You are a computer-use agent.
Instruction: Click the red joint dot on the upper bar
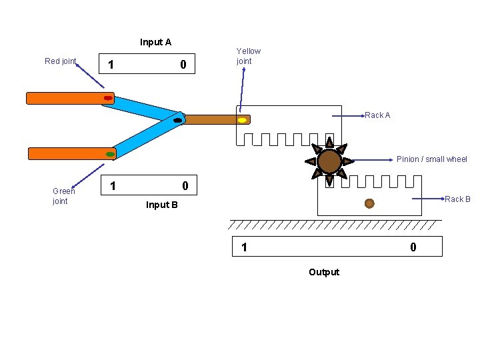click(x=108, y=98)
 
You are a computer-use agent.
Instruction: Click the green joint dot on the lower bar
click(x=111, y=154)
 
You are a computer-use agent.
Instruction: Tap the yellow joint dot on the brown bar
click(x=243, y=121)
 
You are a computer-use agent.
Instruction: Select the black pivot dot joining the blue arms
click(x=178, y=121)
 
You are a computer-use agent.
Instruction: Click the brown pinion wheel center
click(x=329, y=161)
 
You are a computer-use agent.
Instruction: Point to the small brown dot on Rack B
click(x=369, y=203)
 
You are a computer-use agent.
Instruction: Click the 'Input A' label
click(x=155, y=42)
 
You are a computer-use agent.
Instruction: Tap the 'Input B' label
click(x=162, y=205)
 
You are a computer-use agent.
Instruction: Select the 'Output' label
click(x=324, y=272)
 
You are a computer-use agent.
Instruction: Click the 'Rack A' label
click(x=377, y=115)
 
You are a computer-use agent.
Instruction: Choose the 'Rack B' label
click(x=457, y=199)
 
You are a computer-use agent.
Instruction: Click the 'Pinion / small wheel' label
click(x=431, y=159)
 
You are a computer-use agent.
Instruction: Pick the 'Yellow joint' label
click(x=248, y=56)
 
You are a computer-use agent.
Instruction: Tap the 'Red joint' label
click(x=60, y=61)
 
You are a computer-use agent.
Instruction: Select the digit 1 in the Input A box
click(x=111, y=65)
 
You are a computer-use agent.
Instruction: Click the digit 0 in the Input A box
click(x=183, y=65)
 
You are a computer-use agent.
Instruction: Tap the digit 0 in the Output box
click(x=413, y=247)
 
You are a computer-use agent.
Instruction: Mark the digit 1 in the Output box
click(x=244, y=247)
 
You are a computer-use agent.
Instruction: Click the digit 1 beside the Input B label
click(x=113, y=185)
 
